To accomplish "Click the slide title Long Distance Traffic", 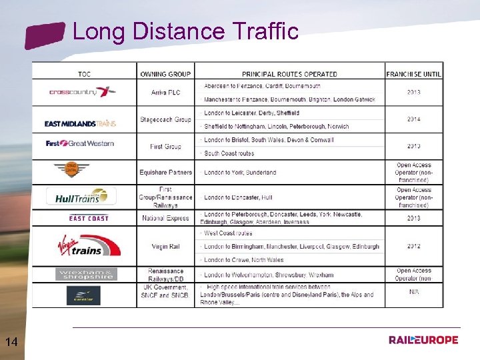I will pyautogui.click(x=185, y=31).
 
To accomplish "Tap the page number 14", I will pyautogui.click(x=11, y=342).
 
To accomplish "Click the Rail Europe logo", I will pyautogui.click(x=423, y=340).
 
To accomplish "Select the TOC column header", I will pyautogui.click(x=84, y=74).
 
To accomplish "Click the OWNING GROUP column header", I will pyautogui.click(x=166, y=74).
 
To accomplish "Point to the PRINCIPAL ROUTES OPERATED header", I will pyautogui.click(x=289, y=74).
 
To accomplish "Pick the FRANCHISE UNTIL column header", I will pyautogui.click(x=413, y=74).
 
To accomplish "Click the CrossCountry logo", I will pyautogui.click(x=83, y=92).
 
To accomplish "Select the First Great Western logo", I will pyautogui.click(x=80, y=143).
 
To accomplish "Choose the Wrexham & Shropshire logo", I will pyautogui.click(x=85, y=274).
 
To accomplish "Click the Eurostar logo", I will pyautogui.click(x=83, y=295).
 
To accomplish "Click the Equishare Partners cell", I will pyautogui.click(x=166, y=172).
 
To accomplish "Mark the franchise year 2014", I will pyautogui.click(x=413, y=119).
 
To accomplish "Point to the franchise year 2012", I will pyautogui.click(x=413, y=246).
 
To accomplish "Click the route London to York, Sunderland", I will pyautogui.click(x=240, y=172).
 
